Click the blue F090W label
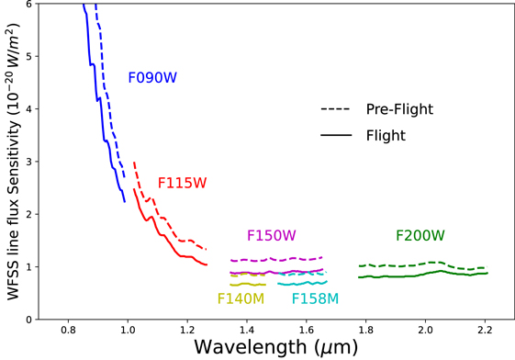pyautogui.click(x=151, y=78)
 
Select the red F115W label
pyautogui.click(x=182, y=183)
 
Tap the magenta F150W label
pyautogui.click(x=271, y=236)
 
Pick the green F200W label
pyautogui.click(x=420, y=236)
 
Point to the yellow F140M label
pyautogui.click(x=241, y=298)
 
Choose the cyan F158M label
pyautogui.click(x=315, y=298)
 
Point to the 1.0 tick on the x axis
pyautogui.click(x=127, y=329)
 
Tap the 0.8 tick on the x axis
pyautogui.click(x=67, y=329)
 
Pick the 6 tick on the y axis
pyautogui.click(x=30, y=5)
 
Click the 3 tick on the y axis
pyautogui.click(x=30, y=162)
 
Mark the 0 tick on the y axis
pyautogui.click(x=30, y=319)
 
